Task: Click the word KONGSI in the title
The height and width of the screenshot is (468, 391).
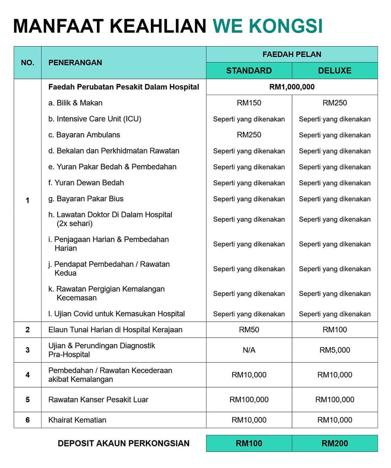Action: (x=286, y=26)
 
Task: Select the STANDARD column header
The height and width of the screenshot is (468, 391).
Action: (x=249, y=71)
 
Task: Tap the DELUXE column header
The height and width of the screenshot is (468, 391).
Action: (x=335, y=71)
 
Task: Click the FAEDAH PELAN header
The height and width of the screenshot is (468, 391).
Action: (x=292, y=54)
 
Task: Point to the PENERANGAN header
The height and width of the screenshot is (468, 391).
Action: (x=75, y=63)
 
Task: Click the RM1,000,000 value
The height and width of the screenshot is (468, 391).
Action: (x=292, y=87)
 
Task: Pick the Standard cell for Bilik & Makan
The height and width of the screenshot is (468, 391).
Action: (x=249, y=103)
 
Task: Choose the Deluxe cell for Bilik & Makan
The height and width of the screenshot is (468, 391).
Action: (x=335, y=103)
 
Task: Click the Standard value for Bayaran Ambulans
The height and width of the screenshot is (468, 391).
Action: (x=249, y=135)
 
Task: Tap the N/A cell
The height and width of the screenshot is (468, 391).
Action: (x=249, y=350)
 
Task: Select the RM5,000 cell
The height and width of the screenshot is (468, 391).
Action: (x=335, y=350)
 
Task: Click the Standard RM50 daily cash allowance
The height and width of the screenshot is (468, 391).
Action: (x=249, y=330)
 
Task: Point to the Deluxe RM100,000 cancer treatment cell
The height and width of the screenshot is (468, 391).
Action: (x=335, y=400)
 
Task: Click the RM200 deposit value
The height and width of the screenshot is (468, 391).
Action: (x=335, y=443)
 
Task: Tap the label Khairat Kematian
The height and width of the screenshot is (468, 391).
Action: (x=77, y=420)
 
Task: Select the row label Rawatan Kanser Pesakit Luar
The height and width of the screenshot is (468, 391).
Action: (x=98, y=400)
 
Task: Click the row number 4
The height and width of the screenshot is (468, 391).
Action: (x=27, y=375)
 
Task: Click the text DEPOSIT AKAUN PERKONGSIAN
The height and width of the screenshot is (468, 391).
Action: (x=124, y=443)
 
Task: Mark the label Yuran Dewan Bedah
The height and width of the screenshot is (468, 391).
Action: (x=86, y=183)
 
